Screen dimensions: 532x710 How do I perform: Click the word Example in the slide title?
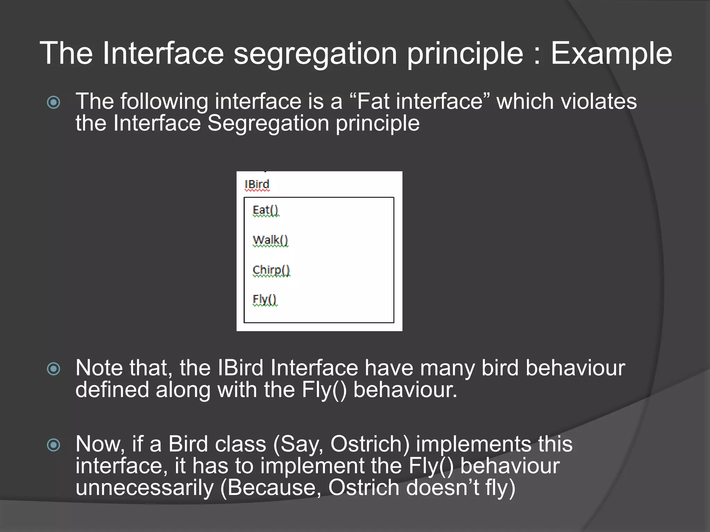coord(611,54)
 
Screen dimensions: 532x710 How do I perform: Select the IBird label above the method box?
coord(257,184)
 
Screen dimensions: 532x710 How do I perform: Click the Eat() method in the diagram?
coord(265,210)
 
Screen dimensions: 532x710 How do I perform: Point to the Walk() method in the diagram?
coord(270,240)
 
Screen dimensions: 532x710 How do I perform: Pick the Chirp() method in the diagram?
coord(271,270)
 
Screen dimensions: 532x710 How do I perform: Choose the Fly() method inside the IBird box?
coord(265,299)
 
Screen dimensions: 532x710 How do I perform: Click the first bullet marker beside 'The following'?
coord(54,102)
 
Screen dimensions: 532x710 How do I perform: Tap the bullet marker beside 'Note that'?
coord(54,369)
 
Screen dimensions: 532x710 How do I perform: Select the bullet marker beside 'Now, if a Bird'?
coord(54,445)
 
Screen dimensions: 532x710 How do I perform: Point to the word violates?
coord(598,101)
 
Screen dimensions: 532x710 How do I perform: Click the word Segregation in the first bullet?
coord(268,124)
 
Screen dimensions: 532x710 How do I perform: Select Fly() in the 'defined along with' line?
coord(324,390)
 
